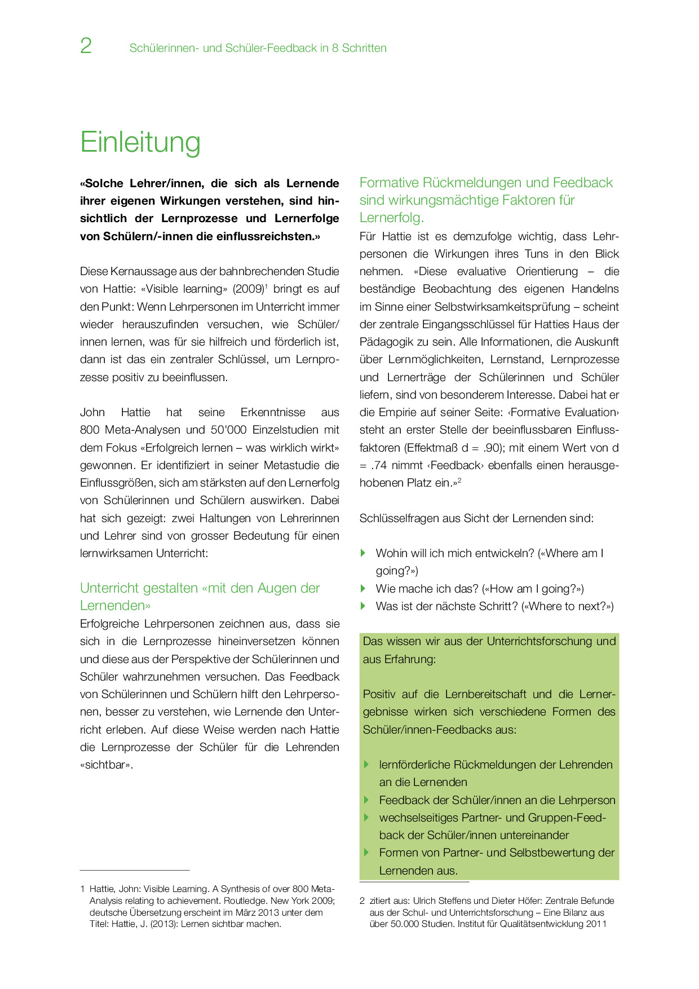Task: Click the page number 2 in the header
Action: pos(86,46)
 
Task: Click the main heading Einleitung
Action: pos(140,142)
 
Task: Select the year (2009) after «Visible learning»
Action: pos(248,289)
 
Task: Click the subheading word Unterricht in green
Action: pos(110,588)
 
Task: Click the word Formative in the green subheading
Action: pos(389,183)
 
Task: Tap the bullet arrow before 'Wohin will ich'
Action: pos(364,553)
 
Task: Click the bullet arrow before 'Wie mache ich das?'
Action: pos(364,589)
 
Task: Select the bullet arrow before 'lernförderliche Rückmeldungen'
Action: pos(366,765)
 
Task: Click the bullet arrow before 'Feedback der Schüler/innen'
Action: pos(366,800)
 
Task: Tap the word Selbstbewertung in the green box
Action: pos(540,853)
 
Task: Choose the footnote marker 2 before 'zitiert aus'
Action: pos(362,900)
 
